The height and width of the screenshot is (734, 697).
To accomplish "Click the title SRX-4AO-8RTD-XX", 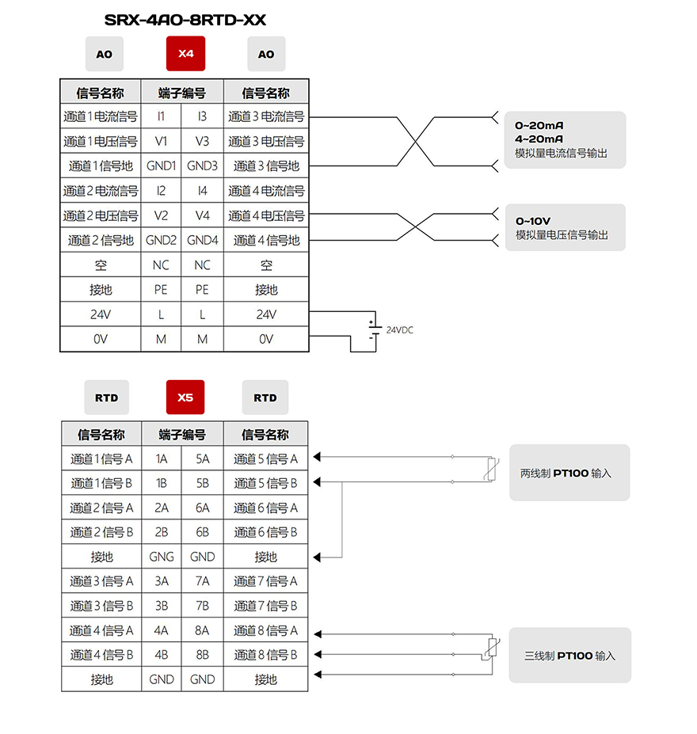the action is click(185, 20).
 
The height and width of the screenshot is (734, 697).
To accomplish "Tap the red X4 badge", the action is click(185, 53).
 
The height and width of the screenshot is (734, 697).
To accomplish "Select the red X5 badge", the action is click(185, 397).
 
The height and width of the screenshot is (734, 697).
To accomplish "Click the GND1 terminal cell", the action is click(161, 165).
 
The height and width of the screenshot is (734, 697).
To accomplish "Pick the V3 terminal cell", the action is click(202, 141).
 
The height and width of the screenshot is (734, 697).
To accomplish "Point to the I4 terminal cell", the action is click(202, 191).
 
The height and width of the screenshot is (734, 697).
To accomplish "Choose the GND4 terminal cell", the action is click(202, 240).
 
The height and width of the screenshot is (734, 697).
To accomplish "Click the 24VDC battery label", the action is click(400, 330).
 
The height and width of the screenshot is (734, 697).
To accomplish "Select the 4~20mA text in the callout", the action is click(539, 139).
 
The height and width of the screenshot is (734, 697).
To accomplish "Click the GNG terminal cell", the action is click(162, 557).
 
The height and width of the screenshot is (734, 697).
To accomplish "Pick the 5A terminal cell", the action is click(202, 458).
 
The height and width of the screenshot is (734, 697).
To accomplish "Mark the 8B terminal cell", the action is click(202, 654).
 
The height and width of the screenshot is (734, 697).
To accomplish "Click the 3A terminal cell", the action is click(162, 581).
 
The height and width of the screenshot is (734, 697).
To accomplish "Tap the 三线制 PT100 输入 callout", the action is click(569, 656).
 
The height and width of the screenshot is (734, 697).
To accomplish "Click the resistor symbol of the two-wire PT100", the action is click(490, 469).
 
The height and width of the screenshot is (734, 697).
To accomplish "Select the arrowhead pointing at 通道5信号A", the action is click(317, 457).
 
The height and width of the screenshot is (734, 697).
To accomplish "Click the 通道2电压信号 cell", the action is click(101, 215).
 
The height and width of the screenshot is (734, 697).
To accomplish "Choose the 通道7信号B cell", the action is click(265, 606).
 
